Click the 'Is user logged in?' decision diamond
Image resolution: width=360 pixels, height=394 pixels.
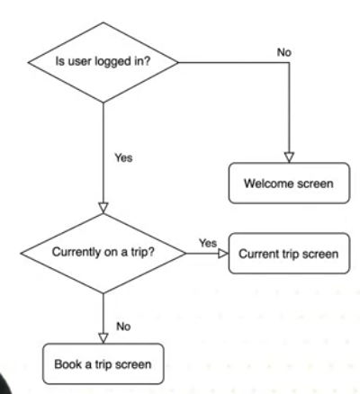103,62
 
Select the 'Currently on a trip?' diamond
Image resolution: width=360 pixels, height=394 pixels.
103,254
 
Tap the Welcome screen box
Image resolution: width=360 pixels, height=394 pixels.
289,184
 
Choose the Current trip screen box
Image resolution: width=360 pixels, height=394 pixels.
289,254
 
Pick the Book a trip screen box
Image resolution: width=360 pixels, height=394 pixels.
103,363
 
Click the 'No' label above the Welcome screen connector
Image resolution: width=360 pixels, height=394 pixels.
284,52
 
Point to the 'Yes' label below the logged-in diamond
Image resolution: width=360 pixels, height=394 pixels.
123,157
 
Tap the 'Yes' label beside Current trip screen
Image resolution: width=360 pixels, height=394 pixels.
208,243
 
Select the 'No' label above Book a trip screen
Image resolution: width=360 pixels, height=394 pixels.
123,327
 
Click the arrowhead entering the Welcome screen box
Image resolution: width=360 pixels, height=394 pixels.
289,157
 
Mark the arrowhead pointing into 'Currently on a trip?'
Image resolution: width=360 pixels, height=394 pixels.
103,209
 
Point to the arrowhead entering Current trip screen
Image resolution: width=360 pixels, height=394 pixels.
223,254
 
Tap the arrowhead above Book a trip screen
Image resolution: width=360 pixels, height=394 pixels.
103,338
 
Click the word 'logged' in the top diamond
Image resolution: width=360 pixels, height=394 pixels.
107,62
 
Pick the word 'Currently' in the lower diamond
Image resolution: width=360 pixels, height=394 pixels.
76,252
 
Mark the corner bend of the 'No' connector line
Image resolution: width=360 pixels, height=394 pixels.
289,63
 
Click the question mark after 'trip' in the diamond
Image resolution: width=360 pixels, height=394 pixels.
151,251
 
